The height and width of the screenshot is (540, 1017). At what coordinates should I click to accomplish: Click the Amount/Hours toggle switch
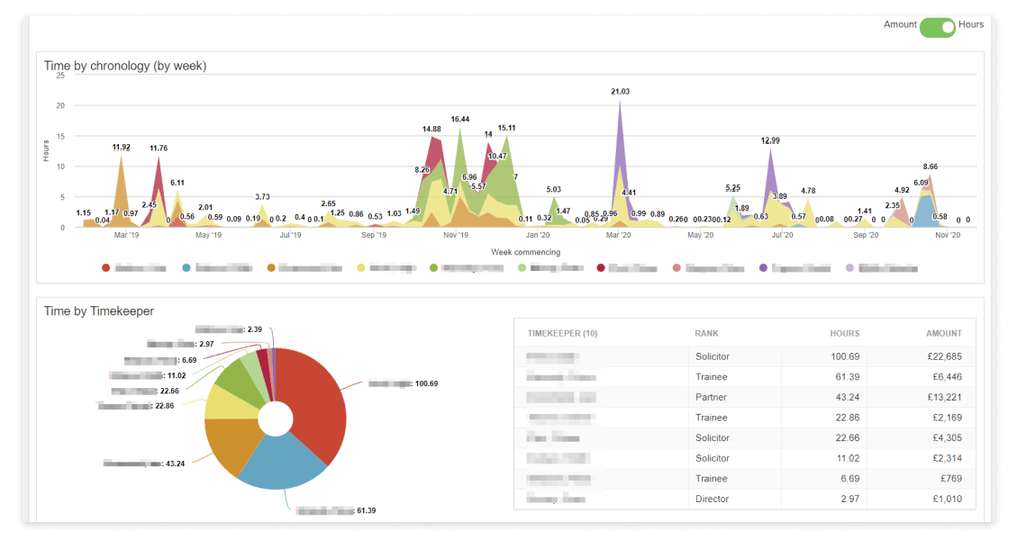937,27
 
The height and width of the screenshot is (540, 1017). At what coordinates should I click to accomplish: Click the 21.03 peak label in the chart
620,92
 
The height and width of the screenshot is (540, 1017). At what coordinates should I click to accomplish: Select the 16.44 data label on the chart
460,119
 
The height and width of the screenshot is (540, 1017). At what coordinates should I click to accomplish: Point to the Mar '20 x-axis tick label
618,236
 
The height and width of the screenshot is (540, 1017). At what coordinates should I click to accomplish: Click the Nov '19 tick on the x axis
456,236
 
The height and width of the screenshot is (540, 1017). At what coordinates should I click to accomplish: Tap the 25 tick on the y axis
59,76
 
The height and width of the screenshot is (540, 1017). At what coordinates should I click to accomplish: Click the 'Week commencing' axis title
525,252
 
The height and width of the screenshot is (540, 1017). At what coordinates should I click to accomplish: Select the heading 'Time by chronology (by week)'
125,66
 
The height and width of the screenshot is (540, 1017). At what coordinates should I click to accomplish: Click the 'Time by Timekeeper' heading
99,310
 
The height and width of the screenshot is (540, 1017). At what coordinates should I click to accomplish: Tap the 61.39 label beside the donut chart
366,510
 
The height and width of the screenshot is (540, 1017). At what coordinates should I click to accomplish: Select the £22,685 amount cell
938,356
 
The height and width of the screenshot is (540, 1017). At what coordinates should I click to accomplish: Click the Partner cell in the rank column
711,397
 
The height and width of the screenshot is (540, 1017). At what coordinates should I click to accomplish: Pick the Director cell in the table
713,499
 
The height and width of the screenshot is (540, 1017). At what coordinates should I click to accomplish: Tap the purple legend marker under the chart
764,268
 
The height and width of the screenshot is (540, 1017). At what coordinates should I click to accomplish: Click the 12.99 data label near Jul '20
770,140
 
